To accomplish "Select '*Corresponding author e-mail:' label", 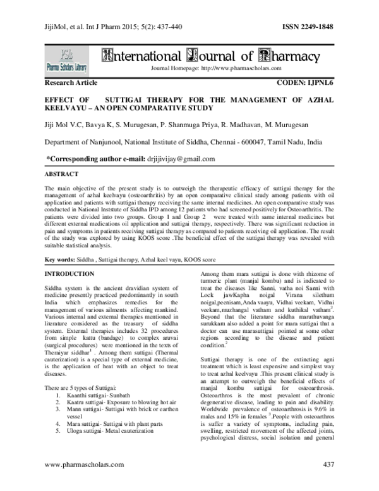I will tap(92, 159).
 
